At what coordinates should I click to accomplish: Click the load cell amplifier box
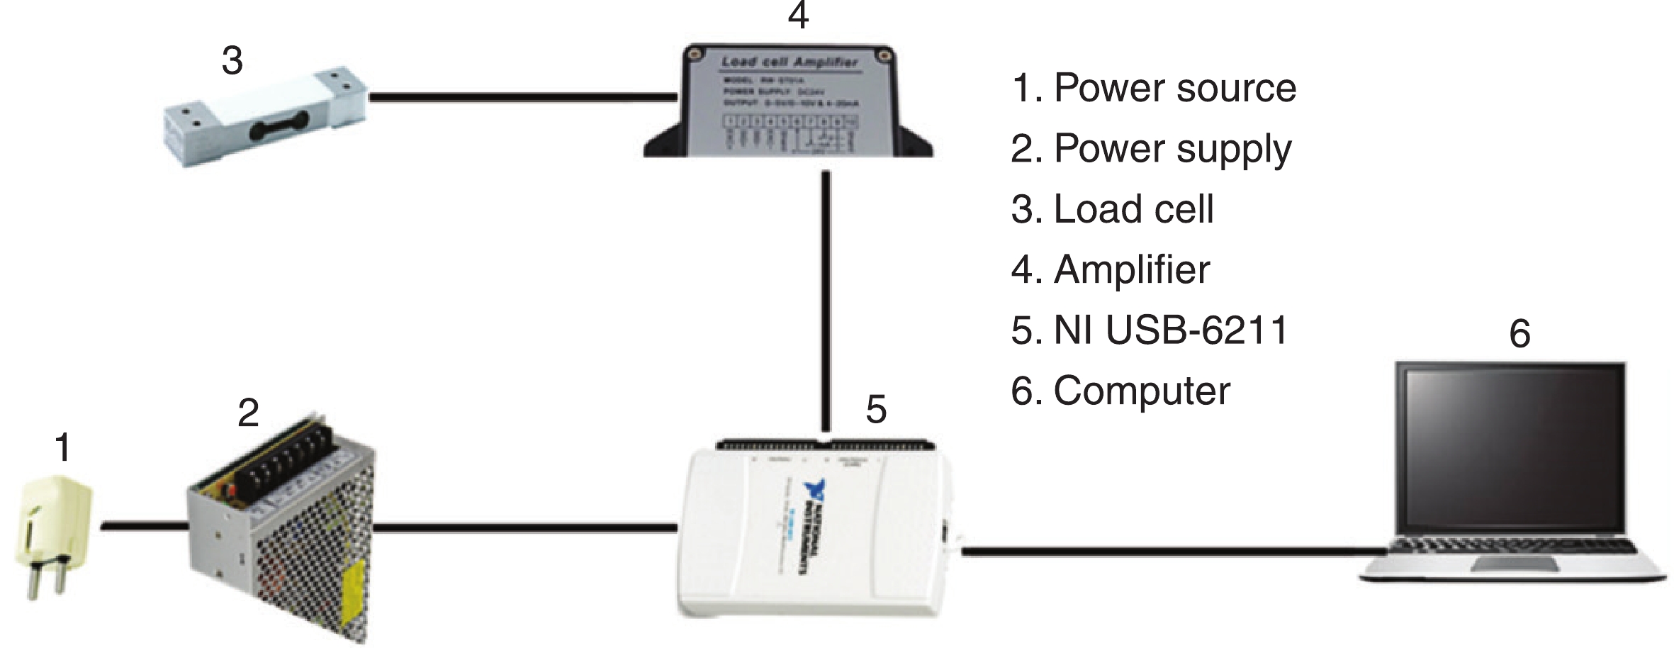(x=788, y=103)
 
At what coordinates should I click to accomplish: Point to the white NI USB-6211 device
(x=815, y=532)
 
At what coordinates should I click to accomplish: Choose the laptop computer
(x=1513, y=475)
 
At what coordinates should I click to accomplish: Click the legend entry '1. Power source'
(x=1153, y=88)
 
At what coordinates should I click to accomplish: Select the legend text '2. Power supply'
(x=1151, y=149)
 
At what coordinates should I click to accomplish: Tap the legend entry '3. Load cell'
(x=1112, y=209)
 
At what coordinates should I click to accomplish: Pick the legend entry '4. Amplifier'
(x=1110, y=269)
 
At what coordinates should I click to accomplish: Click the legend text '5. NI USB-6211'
(x=1149, y=330)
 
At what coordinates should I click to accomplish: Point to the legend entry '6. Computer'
(x=1120, y=391)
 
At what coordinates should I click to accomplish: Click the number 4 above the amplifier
(x=798, y=16)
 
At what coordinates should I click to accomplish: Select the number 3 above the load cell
(x=232, y=61)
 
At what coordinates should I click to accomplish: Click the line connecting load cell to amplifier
(x=521, y=97)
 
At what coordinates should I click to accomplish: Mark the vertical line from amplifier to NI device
(x=826, y=298)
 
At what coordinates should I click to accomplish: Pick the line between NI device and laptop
(x=1169, y=551)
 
